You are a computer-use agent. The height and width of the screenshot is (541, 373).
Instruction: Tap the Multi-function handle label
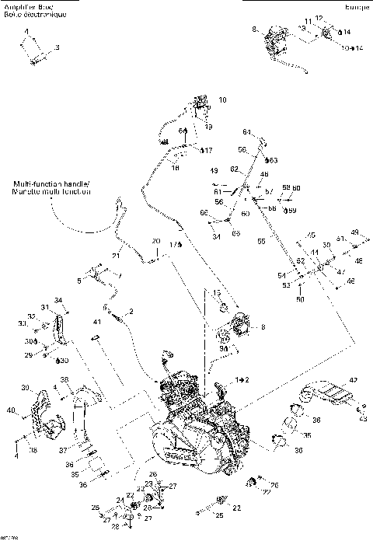pos(51,184)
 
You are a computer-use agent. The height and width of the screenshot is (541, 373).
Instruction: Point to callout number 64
pos(247,131)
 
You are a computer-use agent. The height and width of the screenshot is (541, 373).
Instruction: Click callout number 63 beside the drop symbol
pos(274,160)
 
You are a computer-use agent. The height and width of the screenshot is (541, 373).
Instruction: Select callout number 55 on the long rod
pos(261,242)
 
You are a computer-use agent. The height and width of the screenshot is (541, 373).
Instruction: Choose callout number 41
pos(97,322)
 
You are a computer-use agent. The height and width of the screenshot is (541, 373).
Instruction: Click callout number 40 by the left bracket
pos(12,410)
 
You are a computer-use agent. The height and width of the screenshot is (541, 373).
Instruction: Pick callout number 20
pos(155,241)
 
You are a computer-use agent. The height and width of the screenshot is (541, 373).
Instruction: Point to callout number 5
pos(78,281)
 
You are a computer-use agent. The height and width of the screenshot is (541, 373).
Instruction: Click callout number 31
pos(45,308)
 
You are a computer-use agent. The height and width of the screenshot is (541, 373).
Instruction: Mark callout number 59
pos(291,210)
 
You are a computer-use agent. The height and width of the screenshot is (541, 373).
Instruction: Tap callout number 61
pos(218,188)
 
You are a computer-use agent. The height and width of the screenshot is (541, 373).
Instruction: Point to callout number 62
pos(234,169)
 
